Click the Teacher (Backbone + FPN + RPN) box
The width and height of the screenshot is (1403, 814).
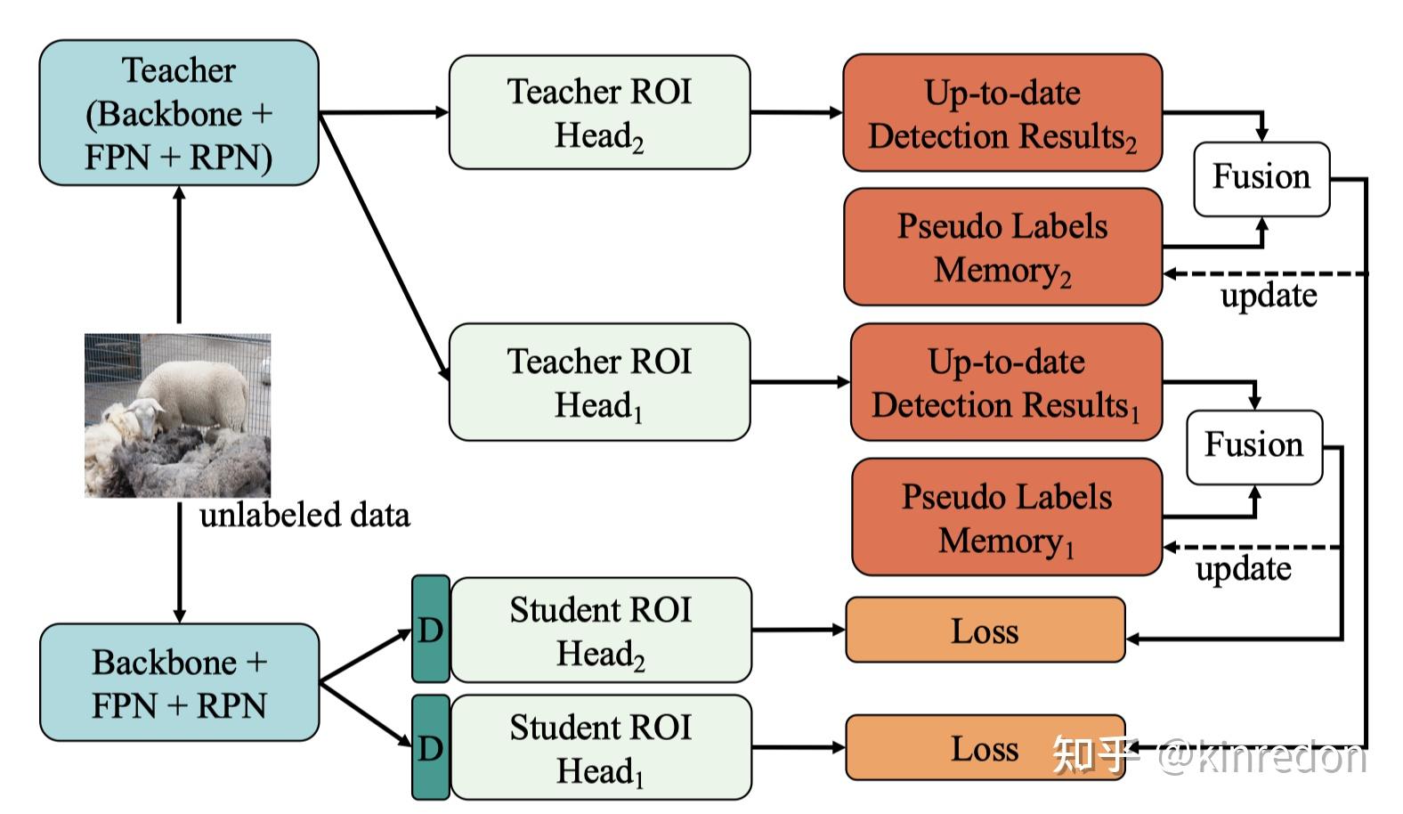178,113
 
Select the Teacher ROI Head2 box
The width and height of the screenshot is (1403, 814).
599,113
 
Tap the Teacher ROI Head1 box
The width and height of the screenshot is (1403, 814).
599,382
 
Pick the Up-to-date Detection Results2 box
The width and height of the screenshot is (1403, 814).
1002,113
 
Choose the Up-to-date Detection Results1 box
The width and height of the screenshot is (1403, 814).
1006,382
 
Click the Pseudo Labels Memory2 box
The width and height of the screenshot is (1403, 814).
1002,247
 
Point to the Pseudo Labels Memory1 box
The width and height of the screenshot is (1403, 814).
1006,517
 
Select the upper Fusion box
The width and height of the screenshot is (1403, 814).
1261,178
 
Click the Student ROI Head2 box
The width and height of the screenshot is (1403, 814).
601,631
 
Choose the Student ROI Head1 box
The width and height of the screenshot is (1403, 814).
601,748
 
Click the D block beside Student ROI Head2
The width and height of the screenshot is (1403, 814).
431,630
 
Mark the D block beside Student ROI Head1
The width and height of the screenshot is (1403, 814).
431,747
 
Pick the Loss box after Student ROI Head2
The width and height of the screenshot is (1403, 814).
985,631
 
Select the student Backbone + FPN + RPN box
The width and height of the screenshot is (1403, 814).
178,683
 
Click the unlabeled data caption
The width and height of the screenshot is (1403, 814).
304,515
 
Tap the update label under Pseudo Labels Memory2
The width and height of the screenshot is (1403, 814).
1269,296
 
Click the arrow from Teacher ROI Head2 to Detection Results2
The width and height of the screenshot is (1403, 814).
795,113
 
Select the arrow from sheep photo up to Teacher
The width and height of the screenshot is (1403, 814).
179,254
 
